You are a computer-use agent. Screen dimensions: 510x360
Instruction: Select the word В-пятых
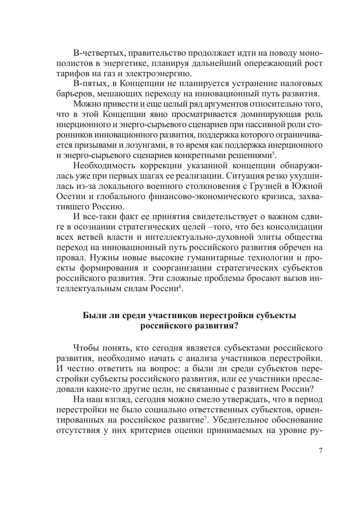click(88, 83)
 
